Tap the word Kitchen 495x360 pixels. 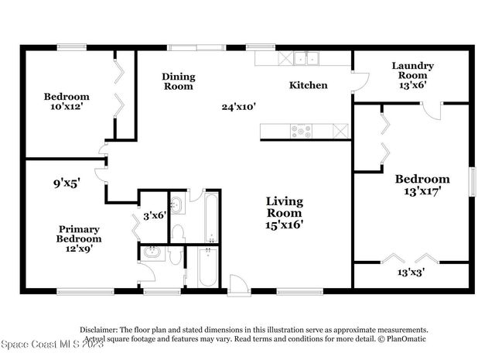309,85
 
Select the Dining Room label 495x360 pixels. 178,81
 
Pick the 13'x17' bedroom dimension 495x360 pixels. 418,192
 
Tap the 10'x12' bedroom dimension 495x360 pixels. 66,108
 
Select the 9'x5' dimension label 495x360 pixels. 67,184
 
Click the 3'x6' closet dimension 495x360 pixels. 154,215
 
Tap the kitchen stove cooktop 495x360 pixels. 301,132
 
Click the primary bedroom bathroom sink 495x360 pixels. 152,253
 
